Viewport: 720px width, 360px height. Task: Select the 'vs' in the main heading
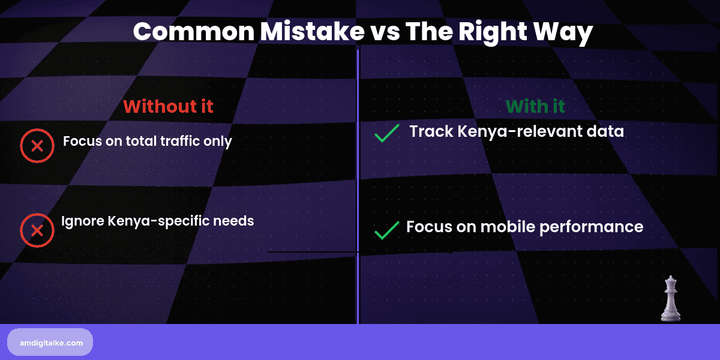tap(385, 32)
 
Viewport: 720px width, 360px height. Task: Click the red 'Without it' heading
tap(168, 106)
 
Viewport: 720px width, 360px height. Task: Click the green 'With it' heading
tap(535, 106)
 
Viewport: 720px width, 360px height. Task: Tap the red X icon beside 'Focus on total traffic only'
tap(37, 146)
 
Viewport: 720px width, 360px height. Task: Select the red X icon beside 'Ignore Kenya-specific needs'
tap(37, 230)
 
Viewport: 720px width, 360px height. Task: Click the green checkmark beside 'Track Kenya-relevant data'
tap(386, 134)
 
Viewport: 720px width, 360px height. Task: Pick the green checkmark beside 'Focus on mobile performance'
tap(386, 230)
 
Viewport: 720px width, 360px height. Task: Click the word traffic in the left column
tap(177, 142)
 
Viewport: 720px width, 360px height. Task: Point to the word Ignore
tap(83, 221)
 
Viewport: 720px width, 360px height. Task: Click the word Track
tap(430, 131)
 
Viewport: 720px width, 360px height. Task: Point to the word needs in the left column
tap(235, 221)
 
